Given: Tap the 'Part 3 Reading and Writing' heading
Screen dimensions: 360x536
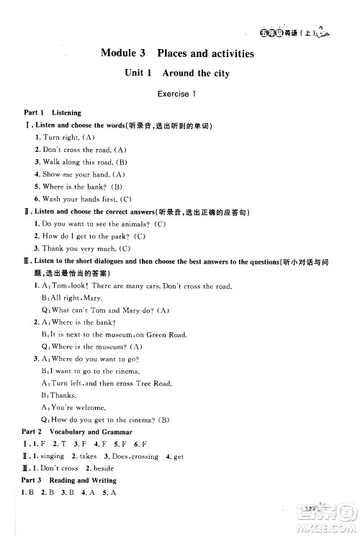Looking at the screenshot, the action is pos(70,480).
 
